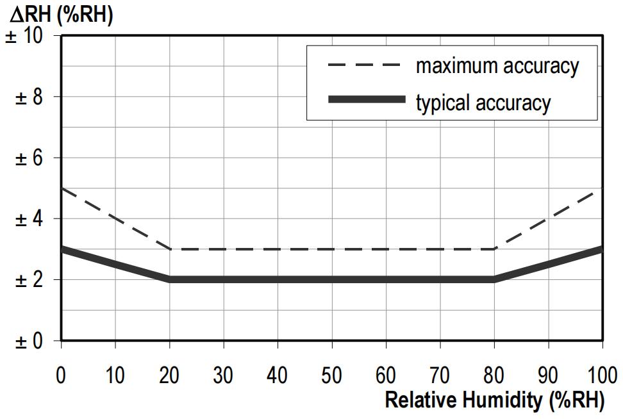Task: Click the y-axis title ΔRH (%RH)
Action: click(62, 14)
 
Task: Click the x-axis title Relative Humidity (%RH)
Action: click(494, 400)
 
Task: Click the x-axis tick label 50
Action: click(331, 374)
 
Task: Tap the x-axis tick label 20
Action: click(169, 374)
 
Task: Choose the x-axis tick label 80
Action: click(494, 374)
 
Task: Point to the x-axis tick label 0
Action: click(61, 374)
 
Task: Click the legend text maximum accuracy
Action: click(497, 65)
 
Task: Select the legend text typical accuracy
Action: click(483, 102)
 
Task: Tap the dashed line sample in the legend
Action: click(364, 65)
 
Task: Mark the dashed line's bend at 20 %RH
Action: click(170, 249)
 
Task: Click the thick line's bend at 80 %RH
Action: click(494, 279)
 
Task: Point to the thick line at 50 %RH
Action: click(331, 279)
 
